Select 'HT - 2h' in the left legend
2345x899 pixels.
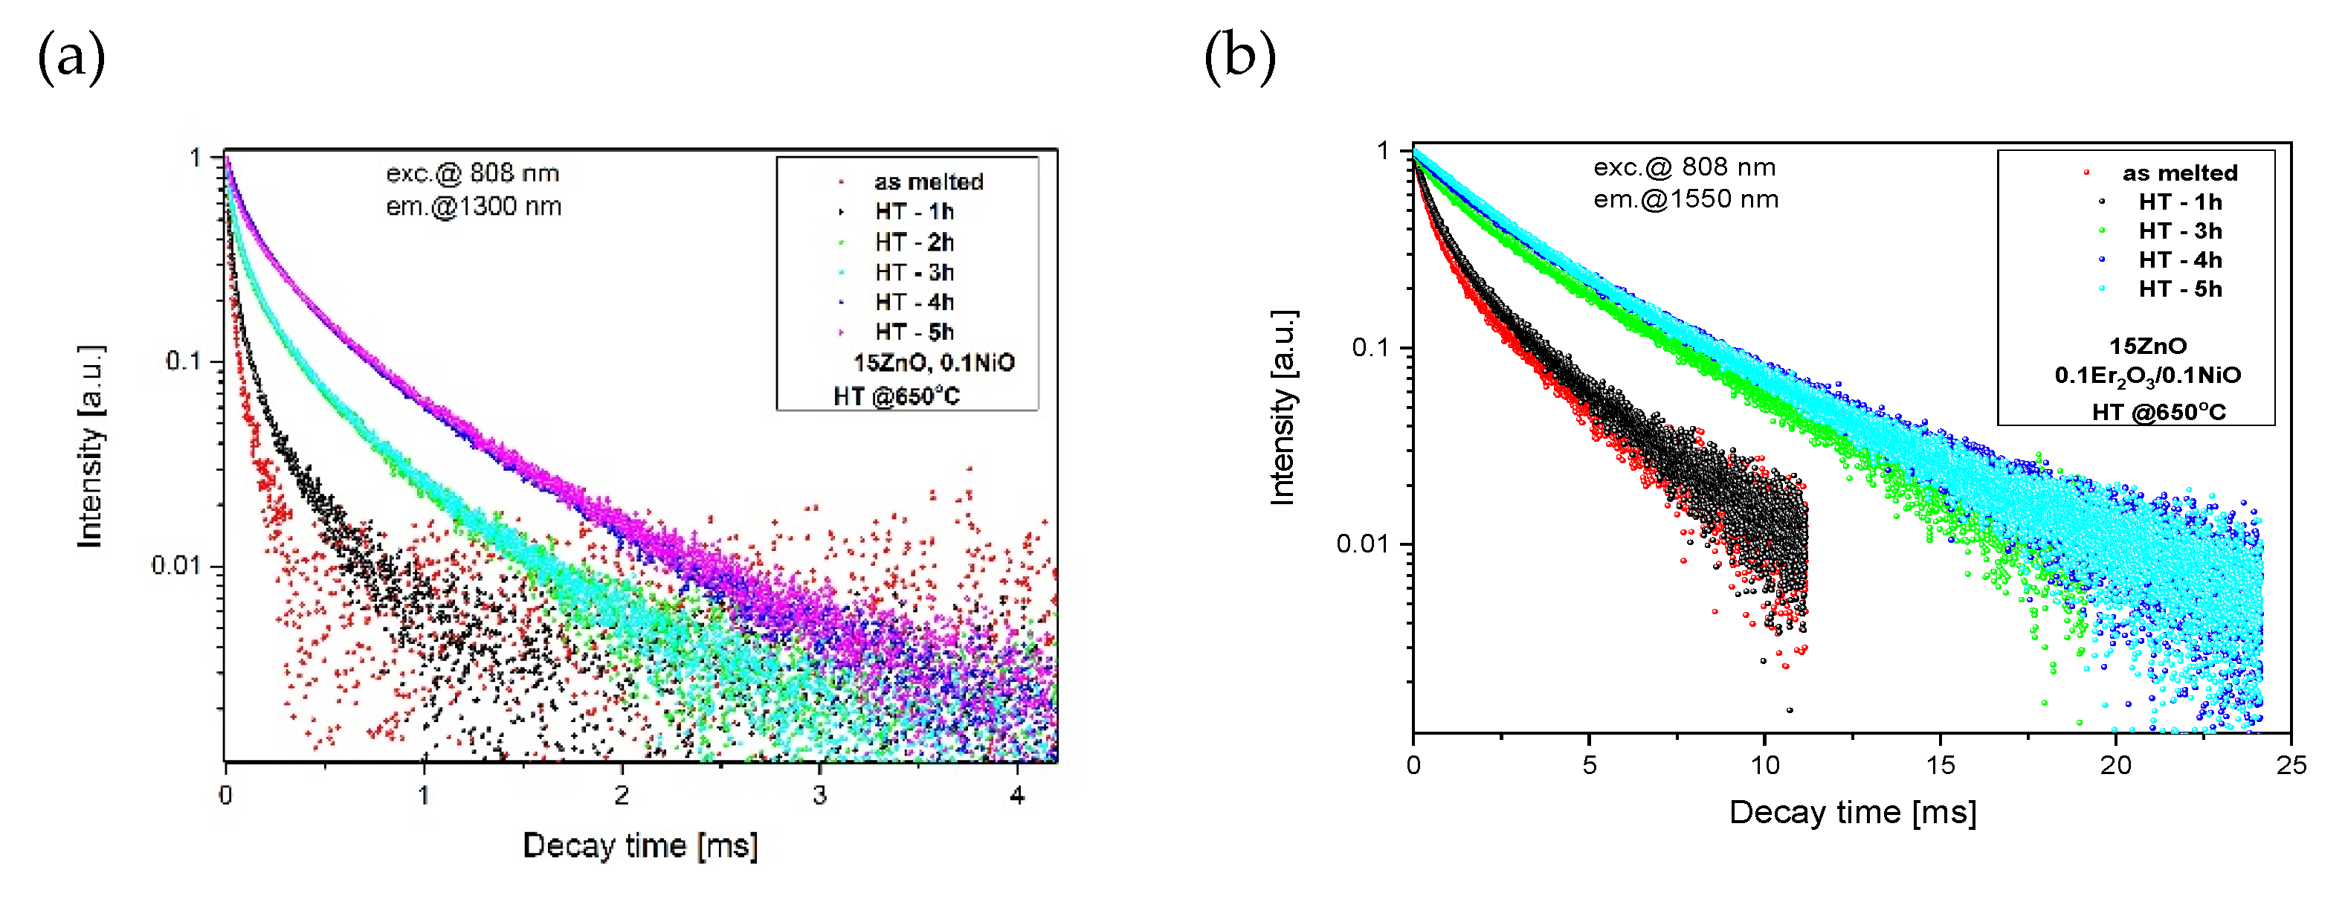(x=914, y=242)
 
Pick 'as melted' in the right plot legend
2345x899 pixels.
(x=2178, y=173)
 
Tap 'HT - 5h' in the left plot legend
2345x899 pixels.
(x=914, y=332)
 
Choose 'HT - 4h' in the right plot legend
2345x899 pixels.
(x=2179, y=260)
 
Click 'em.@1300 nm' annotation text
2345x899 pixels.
(x=474, y=207)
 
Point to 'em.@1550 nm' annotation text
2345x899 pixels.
(x=1685, y=199)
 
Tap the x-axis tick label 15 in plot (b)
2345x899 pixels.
(x=1939, y=765)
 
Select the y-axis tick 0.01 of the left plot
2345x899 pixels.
(x=175, y=566)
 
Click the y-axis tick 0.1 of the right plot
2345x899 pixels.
(x=1373, y=348)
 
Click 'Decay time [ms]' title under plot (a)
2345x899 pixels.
(x=640, y=846)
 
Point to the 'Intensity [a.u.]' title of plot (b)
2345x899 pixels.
(x=1283, y=407)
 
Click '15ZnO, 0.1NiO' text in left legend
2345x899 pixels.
(x=934, y=364)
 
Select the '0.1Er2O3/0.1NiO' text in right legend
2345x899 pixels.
(x=2147, y=376)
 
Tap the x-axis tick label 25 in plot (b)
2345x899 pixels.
(x=2291, y=765)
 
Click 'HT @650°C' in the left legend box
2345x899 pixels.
(x=897, y=396)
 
